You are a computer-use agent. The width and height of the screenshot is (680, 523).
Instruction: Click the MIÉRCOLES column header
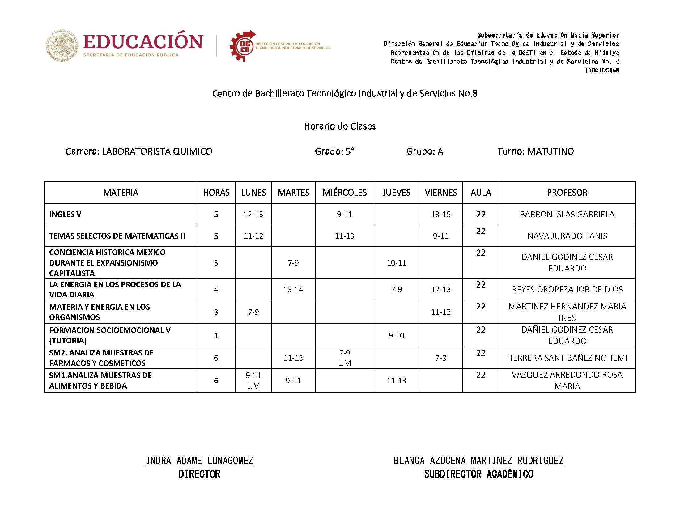point(344,192)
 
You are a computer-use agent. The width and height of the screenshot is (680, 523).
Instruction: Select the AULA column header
point(481,192)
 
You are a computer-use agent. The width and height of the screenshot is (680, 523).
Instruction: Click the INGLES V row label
point(65,214)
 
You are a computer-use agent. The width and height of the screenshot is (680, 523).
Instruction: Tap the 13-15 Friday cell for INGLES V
point(440,214)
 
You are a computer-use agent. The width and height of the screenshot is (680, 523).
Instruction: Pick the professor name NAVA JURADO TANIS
point(567,236)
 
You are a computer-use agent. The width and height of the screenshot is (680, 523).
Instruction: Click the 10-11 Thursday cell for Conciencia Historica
point(396,263)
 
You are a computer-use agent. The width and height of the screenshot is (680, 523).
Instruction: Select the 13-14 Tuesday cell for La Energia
point(293,289)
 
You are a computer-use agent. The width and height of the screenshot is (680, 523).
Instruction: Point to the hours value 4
point(216,289)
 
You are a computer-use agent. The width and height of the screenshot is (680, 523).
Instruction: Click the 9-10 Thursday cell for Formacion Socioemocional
point(396,335)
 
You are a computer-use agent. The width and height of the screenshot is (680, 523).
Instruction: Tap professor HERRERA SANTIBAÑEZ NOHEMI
point(567,358)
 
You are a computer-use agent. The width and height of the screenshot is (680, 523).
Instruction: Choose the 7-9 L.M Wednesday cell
point(344,358)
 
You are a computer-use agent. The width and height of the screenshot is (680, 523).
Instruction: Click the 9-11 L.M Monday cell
point(253,381)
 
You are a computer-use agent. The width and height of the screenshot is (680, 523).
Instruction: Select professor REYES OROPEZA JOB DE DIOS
point(567,289)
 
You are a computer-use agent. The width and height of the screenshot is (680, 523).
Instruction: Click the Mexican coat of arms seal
point(62,45)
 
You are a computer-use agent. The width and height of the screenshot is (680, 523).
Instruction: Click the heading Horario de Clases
point(340,126)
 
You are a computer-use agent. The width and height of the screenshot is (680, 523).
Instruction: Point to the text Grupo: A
point(424,151)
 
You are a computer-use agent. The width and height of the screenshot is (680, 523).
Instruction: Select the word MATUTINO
point(550,151)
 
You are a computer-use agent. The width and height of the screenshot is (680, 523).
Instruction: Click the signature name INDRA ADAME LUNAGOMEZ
point(199,461)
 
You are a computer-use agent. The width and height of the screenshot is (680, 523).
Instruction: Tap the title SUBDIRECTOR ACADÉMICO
point(478,474)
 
